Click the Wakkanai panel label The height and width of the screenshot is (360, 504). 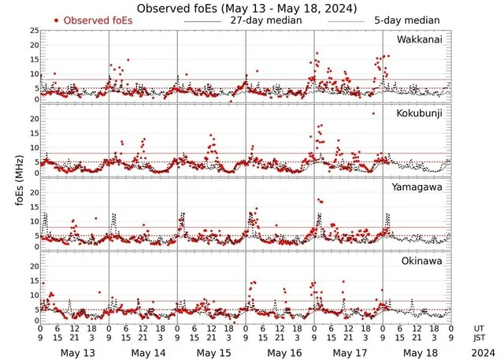click(420, 39)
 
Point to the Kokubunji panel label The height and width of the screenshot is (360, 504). click(419, 114)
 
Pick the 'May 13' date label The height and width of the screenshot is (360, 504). click(77, 352)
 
